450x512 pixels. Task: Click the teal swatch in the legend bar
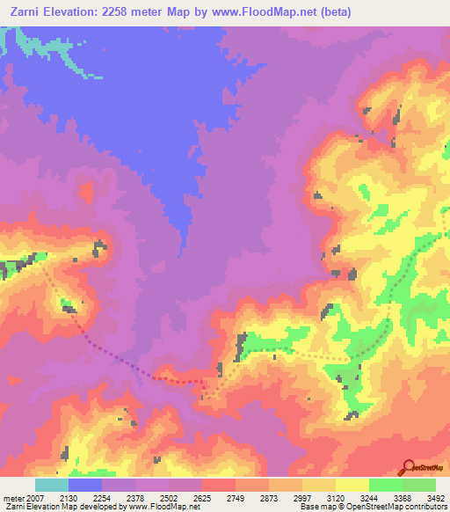coord(52,485)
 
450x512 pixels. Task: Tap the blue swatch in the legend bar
coord(85,485)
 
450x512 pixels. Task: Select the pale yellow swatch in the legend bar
coord(352,485)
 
